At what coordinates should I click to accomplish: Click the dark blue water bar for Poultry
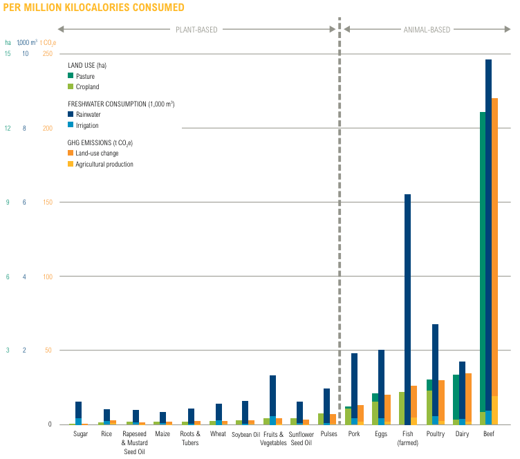tap(435, 366)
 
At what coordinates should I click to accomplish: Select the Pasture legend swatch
tap(71, 75)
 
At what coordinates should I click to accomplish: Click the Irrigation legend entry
tap(86, 125)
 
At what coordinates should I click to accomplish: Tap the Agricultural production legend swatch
tap(71, 164)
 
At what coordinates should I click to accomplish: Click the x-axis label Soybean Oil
tap(245, 435)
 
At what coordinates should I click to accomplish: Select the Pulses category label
tap(329, 434)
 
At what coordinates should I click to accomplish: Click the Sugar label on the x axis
tap(81, 434)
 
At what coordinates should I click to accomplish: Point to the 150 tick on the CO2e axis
tap(47, 203)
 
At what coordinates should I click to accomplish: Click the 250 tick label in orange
tap(47, 54)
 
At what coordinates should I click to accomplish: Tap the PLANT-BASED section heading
tap(196, 30)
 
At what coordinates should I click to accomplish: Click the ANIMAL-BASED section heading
tap(427, 30)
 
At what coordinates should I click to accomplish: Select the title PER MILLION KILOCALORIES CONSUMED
tap(94, 8)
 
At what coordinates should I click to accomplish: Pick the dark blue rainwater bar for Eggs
tap(380, 384)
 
